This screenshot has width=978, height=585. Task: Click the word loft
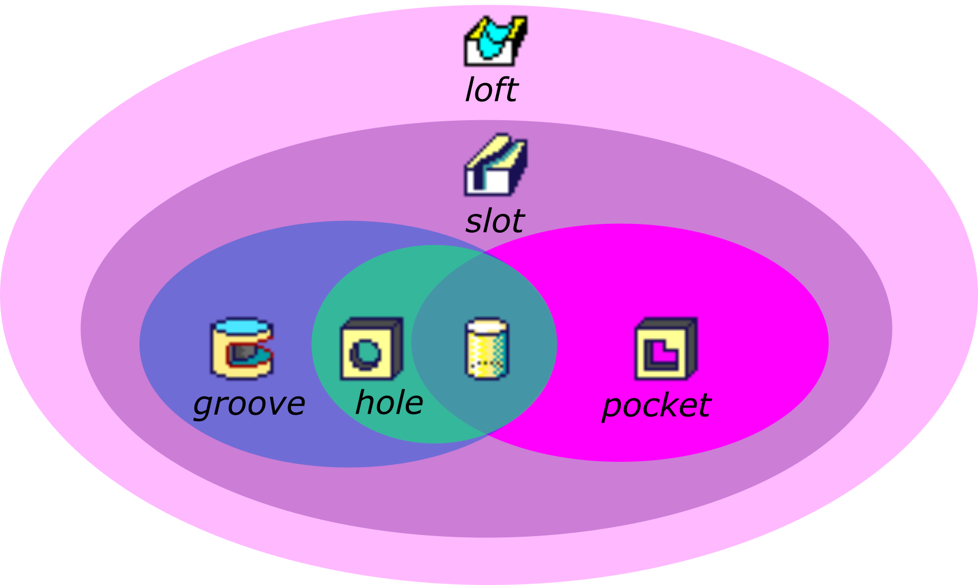coord(491,90)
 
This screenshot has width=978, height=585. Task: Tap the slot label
coord(494,222)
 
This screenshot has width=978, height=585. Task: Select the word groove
coord(249,404)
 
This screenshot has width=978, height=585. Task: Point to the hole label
coord(389,403)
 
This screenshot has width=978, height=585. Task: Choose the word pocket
coord(656,406)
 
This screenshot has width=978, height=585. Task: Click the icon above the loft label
coord(495,41)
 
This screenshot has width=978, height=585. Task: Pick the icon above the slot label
coord(496,165)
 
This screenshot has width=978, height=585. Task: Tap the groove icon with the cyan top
coord(242,348)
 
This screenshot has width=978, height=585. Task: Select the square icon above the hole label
coord(371,349)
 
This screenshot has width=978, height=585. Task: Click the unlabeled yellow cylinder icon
coord(487,349)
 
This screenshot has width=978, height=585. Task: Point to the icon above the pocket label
coord(666,349)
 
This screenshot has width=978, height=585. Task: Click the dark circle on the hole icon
coord(365,354)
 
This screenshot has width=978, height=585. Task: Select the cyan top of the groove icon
coord(242,326)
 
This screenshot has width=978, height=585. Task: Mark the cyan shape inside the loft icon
coord(491,41)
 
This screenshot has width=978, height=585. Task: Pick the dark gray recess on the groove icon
coord(243,353)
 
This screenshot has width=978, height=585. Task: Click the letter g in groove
coord(203,406)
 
